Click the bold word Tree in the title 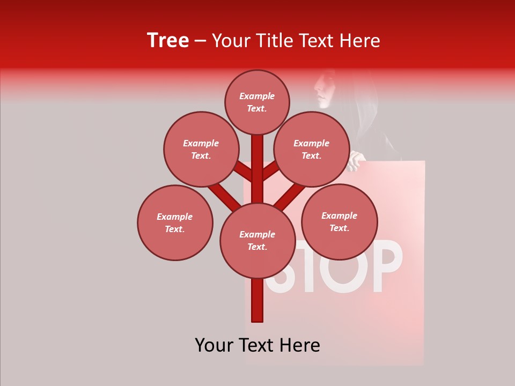click(168, 40)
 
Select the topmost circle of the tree click(257, 102)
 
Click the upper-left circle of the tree click(201, 149)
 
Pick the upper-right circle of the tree click(312, 149)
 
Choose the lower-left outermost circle click(175, 222)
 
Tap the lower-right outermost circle click(340, 221)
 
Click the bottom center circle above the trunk click(257, 240)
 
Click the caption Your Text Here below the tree click(257, 345)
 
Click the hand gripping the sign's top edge click(356, 160)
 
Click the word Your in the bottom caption click(215, 345)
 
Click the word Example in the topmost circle click(257, 96)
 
